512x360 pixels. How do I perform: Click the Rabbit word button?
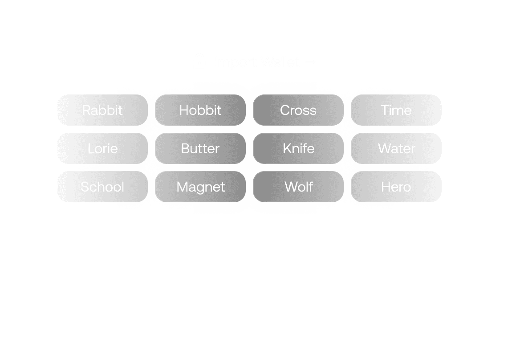click(102, 110)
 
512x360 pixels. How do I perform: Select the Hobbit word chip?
click(200, 110)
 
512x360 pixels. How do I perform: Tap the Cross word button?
click(298, 110)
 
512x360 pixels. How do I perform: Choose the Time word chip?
click(396, 110)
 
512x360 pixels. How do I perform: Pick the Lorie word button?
click(102, 148)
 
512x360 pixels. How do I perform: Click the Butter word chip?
click(200, 148)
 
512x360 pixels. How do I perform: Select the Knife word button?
click(298, 148)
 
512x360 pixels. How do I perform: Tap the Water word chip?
click(396, 148)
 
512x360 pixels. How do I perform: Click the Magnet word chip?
click(200, 187)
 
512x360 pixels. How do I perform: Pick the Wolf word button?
click(298, 187)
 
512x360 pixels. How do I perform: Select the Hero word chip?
click(396, 187)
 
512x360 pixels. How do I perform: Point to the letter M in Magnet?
click(182, 187)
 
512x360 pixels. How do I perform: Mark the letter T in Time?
click(384, 110)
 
